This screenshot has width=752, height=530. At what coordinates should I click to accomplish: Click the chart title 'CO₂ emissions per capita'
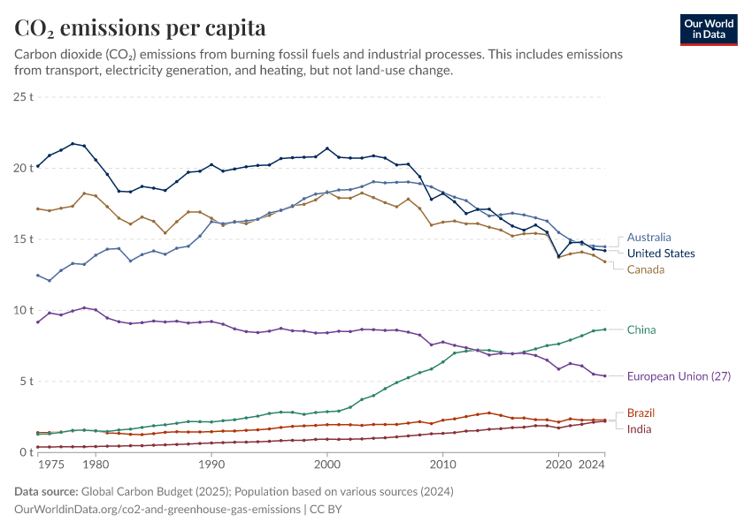point(140,28)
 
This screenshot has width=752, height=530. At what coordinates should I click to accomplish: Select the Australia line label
point(648,237)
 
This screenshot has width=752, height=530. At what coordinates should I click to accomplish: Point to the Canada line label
point(647,269)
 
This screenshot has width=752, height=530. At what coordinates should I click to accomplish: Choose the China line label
point(641,329)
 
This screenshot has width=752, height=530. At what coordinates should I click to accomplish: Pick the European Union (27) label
point(679,375)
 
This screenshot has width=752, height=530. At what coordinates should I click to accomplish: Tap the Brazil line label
point(641,413)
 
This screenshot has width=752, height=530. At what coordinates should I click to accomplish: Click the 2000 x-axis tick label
point(327,464)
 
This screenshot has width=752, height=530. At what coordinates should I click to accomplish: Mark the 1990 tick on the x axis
point(211,464)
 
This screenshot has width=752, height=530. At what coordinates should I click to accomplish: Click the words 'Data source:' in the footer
point(45,492)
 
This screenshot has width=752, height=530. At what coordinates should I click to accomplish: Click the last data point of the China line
point(604,329)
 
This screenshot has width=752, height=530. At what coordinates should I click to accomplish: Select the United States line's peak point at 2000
point(327,148)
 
